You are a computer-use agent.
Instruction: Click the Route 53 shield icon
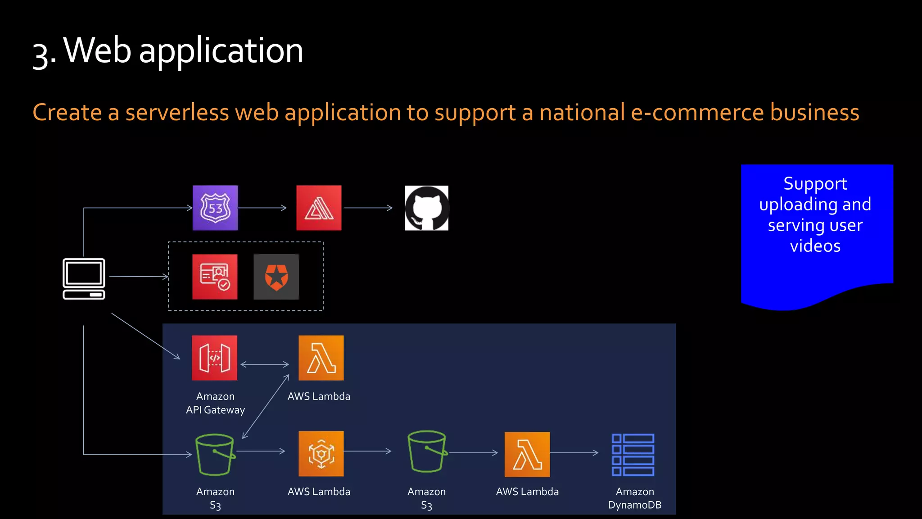tap(215, 208)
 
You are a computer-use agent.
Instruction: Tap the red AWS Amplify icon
tap(319, 208)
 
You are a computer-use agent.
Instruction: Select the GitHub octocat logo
tap(426, 208)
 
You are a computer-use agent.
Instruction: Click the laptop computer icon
tap(84, 278)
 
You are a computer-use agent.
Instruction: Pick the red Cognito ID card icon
tap(215, 277)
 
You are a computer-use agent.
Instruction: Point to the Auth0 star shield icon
tap(276, 277)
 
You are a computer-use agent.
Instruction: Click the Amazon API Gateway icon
tap(214, 358)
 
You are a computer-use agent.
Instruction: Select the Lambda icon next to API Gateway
tap(321, 358)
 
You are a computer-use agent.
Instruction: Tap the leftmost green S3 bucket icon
tap(215, 454)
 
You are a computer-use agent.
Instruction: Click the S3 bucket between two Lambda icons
tap(426, 451)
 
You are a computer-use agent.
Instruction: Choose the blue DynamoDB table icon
tap(633, 455)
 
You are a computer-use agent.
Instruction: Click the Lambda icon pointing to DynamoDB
tap(527, 454)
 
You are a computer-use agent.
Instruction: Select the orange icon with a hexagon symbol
tap(321, 454)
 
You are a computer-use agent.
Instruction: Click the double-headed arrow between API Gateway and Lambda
tap(265, 364)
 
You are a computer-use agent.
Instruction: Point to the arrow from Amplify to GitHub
tap(368, 208)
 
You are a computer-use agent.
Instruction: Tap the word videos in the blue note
tap(815, 246)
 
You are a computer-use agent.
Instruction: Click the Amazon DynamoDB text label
tap(634, 498)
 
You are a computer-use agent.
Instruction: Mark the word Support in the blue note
tap(815, 183)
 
